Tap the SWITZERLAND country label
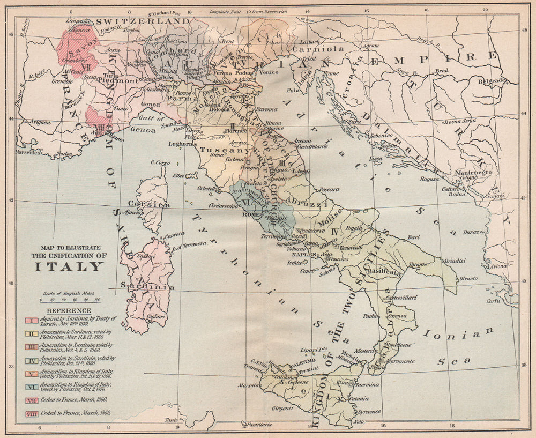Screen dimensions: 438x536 click(143, 21)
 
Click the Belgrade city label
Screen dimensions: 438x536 click(492, 81)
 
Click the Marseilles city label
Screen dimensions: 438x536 click(28, 152)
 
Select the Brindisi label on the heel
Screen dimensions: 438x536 click(453, 261)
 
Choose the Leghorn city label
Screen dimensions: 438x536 click(180, 144)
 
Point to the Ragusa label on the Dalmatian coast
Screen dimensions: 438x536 click(429, 179)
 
